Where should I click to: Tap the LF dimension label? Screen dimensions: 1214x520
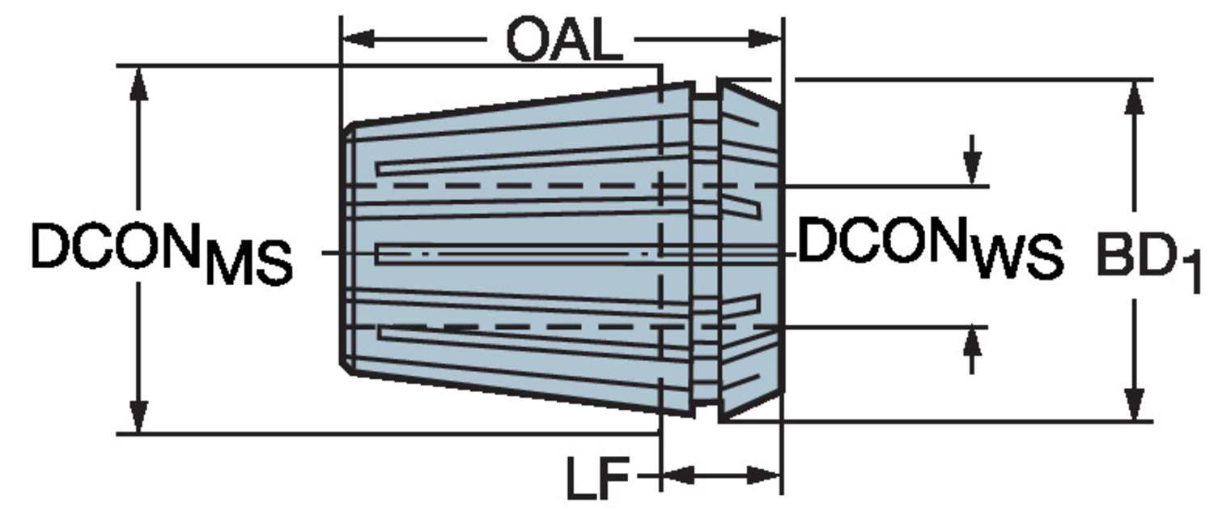tap(598, 478)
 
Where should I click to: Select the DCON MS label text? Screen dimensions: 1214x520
tap(162, 254)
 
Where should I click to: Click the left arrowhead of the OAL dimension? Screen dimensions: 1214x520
tap(359, 39)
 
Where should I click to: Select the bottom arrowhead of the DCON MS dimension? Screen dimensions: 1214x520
tap(140, 416)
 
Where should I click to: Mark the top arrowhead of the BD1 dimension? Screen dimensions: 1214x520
tap(1135, 98)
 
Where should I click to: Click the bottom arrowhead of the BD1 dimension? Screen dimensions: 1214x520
tap(1135, 404)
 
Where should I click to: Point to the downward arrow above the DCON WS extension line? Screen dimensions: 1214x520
tap(973, 160)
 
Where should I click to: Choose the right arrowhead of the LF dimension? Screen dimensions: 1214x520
tap(764, 476)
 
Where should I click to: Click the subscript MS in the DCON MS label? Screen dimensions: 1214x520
tap(249, 264)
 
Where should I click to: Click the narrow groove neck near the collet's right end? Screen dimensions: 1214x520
tap(707, 249)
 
